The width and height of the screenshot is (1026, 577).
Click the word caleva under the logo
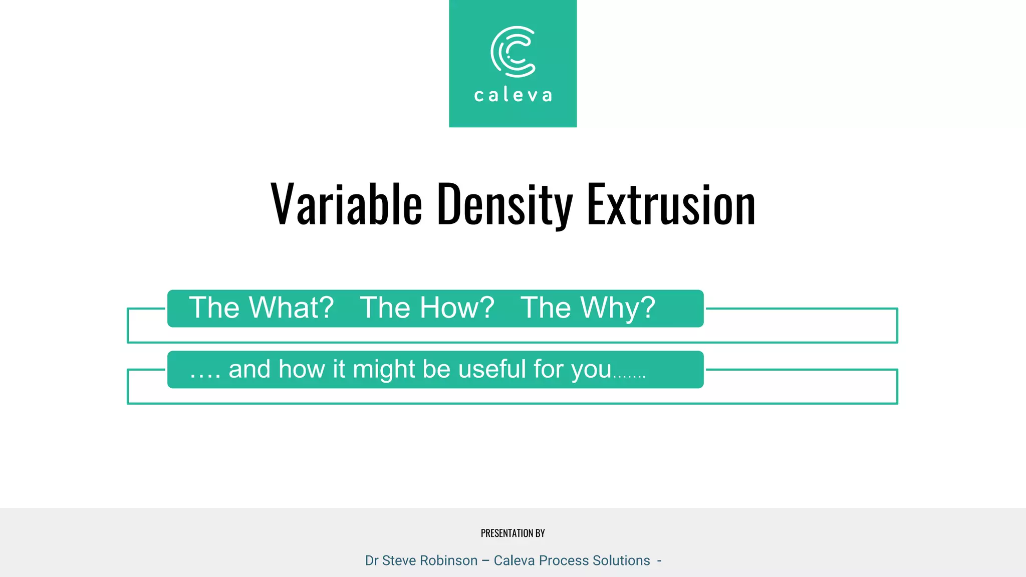pos(513,95)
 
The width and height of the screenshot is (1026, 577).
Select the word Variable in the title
pos(346,204)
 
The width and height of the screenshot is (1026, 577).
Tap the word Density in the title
pos(504,204)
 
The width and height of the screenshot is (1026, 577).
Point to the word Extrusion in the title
pos(671,204)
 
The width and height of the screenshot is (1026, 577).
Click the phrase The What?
pos(261,308)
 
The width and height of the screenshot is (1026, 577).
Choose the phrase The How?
pos(427,308)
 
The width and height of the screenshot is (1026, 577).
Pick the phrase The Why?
pos(588,308)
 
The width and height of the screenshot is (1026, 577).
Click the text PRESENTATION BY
pos(512,533)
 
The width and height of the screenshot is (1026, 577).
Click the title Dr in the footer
pos(371,560)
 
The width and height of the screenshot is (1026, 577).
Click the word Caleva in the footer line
pos(514,560)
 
